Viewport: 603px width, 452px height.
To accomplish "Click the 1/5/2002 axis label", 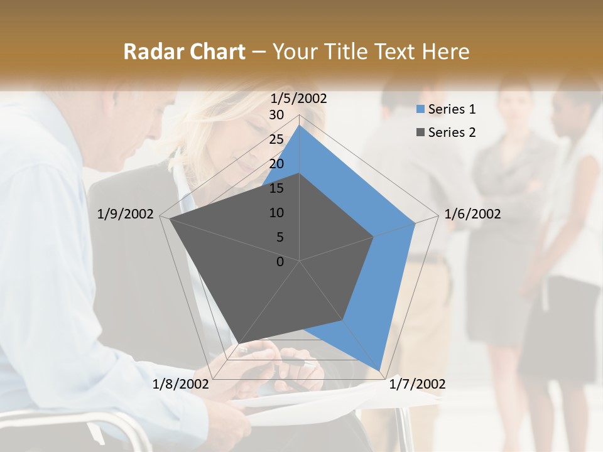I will pyautogui.click(x=299, y=98).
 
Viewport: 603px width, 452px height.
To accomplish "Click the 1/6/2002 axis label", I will pyautogui.click(x=472, y=214).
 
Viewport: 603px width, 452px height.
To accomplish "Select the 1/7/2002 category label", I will pyautogui.click(x=417, y=384).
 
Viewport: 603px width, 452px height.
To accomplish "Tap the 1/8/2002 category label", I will pyautogui.click(x=181, y=384).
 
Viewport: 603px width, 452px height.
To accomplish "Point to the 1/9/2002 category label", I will pyautogui.click(x=126, y=214).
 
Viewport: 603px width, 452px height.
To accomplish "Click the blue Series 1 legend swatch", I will pyautogui.click(x=420, y=109).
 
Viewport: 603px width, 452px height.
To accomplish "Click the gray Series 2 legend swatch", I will pyautogui.click(x=420, y=132).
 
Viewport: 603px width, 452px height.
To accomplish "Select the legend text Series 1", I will pyautogui.click(x=452, y=109).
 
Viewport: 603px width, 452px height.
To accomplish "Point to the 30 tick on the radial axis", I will pyautogui.click(x=276, y=115).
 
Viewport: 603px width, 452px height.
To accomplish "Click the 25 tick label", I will pyautogui.click(x=276, y=139).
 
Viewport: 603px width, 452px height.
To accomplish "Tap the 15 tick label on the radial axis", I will pyautogui.click(x=276, y=188).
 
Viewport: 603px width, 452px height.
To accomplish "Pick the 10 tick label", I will pyautogui.click(x=276, y=213).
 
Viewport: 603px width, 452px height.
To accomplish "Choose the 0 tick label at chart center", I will pyautogui.click(x=280, y=262).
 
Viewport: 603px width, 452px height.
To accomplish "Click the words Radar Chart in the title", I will pyautogui.click(x=184, y=51).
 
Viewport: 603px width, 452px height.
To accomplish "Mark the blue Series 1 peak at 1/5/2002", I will pyautogui.click(x=300, y=126).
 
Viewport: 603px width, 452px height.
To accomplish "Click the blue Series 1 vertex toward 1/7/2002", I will pyautogui.click(x=379, y=370).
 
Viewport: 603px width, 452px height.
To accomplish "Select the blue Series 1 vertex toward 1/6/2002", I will pyautogui.click(x=415, y=223).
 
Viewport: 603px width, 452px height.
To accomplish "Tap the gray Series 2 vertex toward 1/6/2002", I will pyautogui.click(x=374, y=237).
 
